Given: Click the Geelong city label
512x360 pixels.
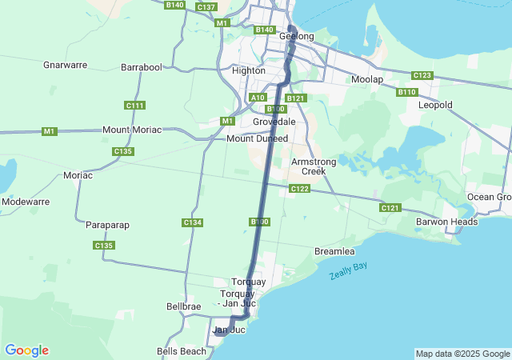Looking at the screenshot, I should pyautogui.click(x=296, y=37).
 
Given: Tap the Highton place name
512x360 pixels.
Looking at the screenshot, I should pyautogui.click(x=248, y=70).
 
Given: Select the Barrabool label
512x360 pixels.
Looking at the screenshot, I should pyautogui.click(x=141, y=68).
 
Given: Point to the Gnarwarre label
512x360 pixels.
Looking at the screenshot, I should pyautogui.click(x=65, y=65).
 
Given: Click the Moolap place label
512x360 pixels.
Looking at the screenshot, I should pyautogui.click(x=367, y=79).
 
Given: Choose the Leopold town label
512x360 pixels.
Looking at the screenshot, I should pyautogui.click(x=435, y=105).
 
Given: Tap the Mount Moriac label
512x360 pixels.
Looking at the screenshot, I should pyautogui.click(x=132, y=130).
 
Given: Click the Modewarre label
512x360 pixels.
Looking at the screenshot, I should pyautogui.click(x=26, y=202).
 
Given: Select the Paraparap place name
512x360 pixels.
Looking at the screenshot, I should pyautogui.click(x=108, y=226).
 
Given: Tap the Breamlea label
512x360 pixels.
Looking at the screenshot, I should pyautogui.click(x=335, y=251).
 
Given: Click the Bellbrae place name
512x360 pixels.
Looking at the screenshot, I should pyautogui.click(x=184, y=306).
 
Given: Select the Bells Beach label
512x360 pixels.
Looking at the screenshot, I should pyautogui.click(x=182, y=351).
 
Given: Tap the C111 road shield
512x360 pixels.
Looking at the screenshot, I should pyautogui.click(x=135, y=106).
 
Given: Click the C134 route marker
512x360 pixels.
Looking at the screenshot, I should pyautogui.click(x=192, y=222).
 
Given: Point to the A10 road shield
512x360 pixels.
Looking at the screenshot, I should pyautogui.click(x=257, y=98).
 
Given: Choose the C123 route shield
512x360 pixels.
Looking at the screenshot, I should pyautogui.click(x=422, y=75).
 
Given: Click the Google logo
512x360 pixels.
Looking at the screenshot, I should pyautogui.click(x=26, y=350).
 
